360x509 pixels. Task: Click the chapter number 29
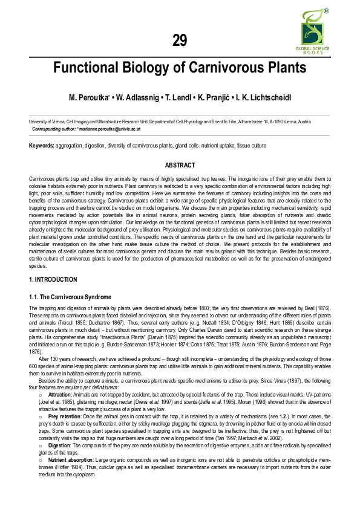pos(180,41)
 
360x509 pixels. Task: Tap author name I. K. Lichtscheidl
pos(258,97)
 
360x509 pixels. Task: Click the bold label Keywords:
pos(41,146)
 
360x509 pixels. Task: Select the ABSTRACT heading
pos(180,165)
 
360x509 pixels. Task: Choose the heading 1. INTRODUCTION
pos(53,279)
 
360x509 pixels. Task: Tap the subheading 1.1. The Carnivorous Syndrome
pos(70,297)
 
